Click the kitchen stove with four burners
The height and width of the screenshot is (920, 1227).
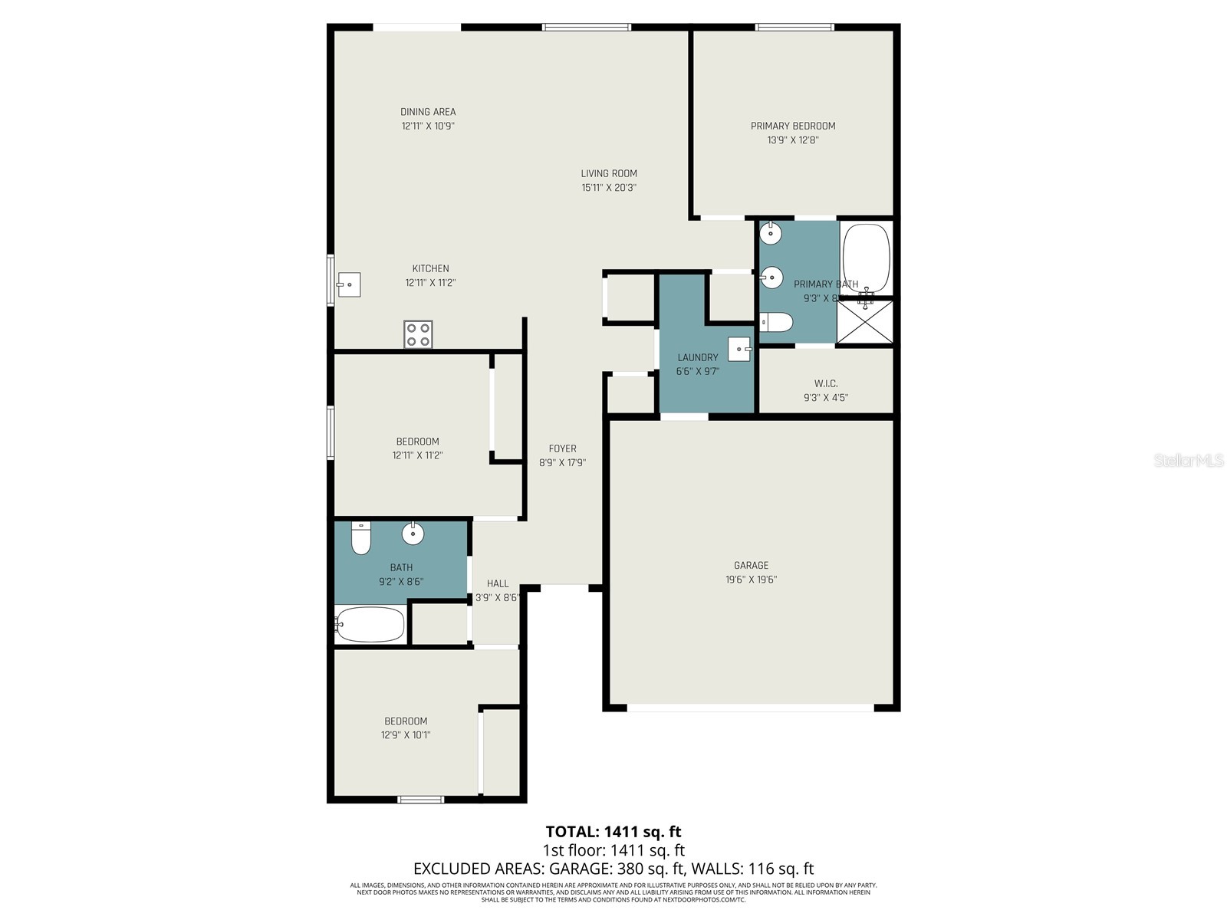tap(418, 334)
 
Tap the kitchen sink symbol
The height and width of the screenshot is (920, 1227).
tap(349, 284)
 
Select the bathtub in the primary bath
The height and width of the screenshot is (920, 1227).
tap(866, 258)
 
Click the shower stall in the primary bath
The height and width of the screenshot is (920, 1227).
tap(865, 322)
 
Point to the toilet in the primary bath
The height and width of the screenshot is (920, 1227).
tap(775, 323)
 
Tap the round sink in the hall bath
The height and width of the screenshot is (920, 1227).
tap(413, 534)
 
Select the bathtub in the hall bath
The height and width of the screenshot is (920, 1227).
tap(370, 624)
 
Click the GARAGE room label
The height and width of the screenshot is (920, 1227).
tap(751, 566)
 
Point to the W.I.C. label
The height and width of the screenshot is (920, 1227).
tap(825, 383)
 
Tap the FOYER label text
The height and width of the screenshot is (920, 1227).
tap(562, 449)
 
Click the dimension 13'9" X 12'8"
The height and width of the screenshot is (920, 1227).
tap(793, 140)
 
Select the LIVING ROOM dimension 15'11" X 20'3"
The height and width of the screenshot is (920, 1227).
tap(609, 188)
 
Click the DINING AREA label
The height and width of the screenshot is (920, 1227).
tap(428, 112)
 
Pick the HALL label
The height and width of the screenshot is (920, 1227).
tap(498, 583)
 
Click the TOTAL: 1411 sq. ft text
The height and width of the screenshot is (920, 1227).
tap(613, 832)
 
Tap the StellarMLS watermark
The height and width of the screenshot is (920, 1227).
tap(1189, 461)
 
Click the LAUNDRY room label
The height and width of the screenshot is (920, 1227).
tap(698, 357)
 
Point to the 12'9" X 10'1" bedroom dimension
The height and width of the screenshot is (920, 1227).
tap(406, 735)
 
